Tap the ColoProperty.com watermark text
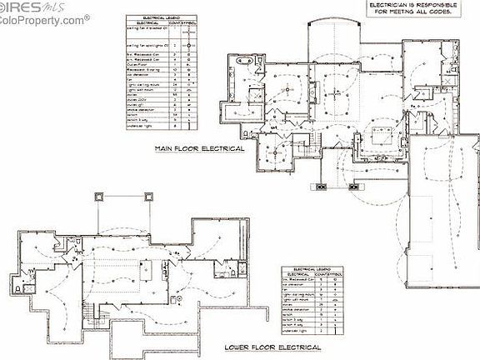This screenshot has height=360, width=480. click(42, 18)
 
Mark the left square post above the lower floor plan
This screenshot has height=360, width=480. click(101, 197)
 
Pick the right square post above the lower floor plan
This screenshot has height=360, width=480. click(149, 197)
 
